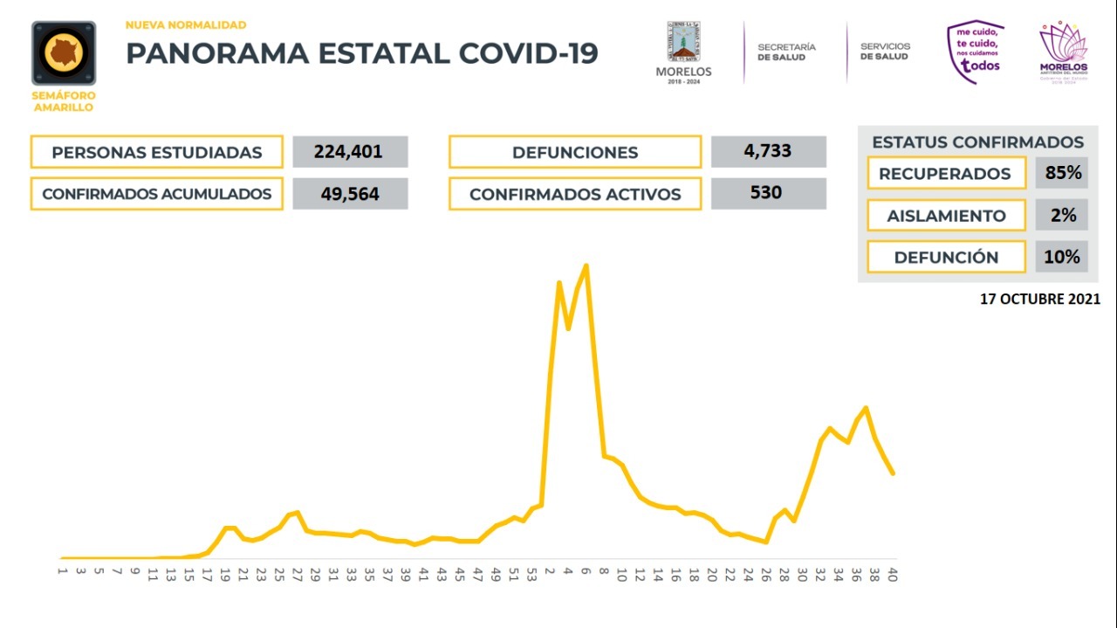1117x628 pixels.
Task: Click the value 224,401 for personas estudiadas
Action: (350, 152)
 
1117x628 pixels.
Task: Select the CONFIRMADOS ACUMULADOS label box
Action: (157, 194)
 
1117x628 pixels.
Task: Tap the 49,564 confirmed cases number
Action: (350, 194)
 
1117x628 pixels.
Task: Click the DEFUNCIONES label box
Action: (575, 152)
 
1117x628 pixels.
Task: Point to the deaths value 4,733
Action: (768, 151)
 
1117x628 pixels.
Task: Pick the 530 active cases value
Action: (768, 193)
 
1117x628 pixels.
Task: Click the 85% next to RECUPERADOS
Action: (1062, 173)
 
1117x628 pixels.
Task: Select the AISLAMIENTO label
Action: (946, 216)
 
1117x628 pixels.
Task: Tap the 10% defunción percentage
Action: (1062, 257)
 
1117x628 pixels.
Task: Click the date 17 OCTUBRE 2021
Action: (1039, 299)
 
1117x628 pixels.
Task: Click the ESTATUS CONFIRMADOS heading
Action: (977, 142)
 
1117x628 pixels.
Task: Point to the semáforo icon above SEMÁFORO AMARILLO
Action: (64, 53)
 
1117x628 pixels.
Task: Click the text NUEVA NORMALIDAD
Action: (186, 25)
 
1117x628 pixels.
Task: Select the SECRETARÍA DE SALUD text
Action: (786, 51)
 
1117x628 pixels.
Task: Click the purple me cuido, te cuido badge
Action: (976, 52)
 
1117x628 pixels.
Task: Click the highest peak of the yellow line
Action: (586, 266)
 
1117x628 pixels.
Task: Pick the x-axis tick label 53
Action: (531, 574)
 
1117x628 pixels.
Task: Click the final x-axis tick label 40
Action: (892, 574)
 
